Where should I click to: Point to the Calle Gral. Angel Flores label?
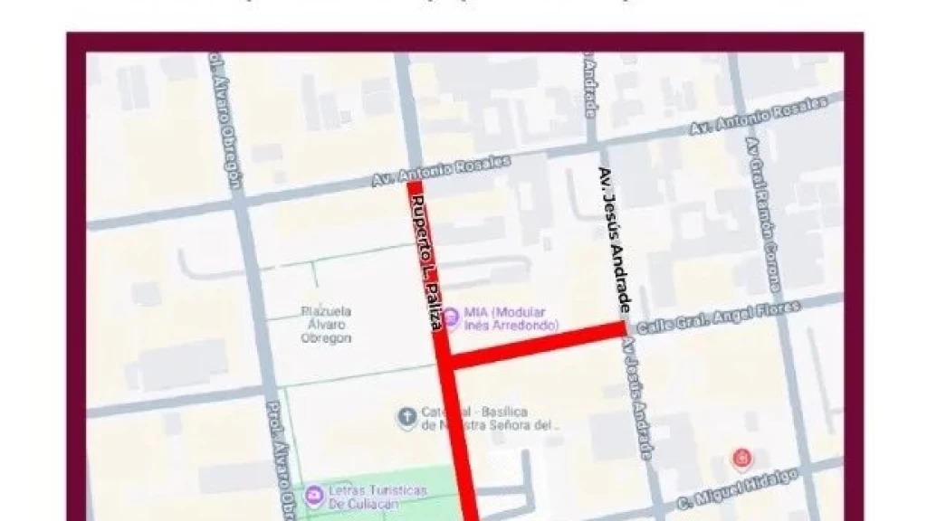pos(719,317)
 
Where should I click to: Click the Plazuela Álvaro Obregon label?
pos(326,325)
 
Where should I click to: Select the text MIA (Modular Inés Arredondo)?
pos(511,317)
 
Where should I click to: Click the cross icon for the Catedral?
pos(406,417)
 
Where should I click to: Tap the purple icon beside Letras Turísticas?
pos(314,495)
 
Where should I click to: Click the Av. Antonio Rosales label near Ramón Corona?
pos(758,116)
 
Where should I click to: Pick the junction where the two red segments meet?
pos(447,363)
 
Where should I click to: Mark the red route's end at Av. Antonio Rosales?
pos(415,186)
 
